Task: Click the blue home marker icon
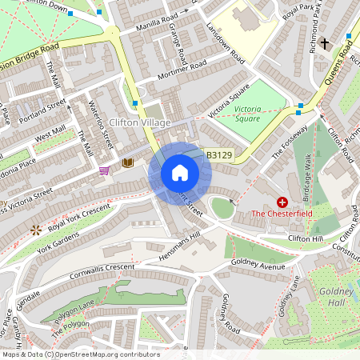pos(179,173)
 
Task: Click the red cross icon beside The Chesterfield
pos(282,202)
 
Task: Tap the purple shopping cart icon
pos(104,170)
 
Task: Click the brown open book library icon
pos(127,162)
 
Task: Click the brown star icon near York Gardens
pos(35,230)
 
